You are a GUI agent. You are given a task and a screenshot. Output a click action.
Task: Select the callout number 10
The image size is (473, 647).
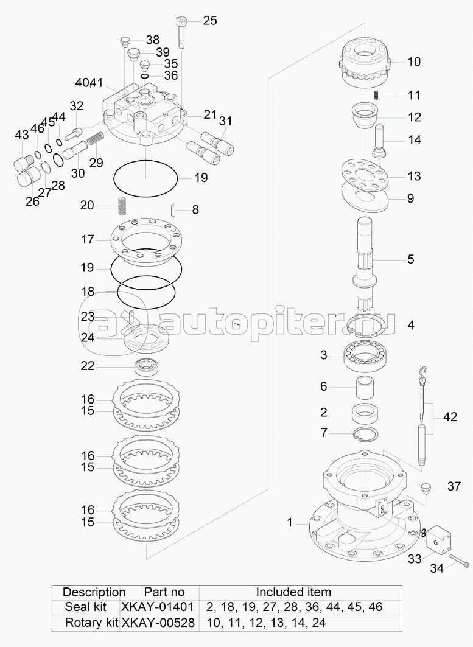click(413, 61)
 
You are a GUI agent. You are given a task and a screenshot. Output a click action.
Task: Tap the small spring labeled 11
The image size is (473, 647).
click(376, 95)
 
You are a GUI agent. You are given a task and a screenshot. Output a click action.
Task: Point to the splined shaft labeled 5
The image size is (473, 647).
click(365, 265)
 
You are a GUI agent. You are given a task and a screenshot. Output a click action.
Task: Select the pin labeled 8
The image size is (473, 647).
click(174, 209)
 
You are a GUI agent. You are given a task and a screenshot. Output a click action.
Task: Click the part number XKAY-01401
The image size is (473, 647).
click(157, 607)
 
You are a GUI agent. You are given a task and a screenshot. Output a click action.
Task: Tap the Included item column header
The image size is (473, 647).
click(293, 592)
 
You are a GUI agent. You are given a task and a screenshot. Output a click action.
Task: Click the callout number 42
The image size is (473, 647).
click(450, 417)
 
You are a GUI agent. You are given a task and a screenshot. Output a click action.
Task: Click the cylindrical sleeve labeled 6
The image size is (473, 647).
click(365, 388)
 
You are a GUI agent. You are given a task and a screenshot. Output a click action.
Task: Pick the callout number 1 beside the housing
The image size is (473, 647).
click(290, 523)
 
